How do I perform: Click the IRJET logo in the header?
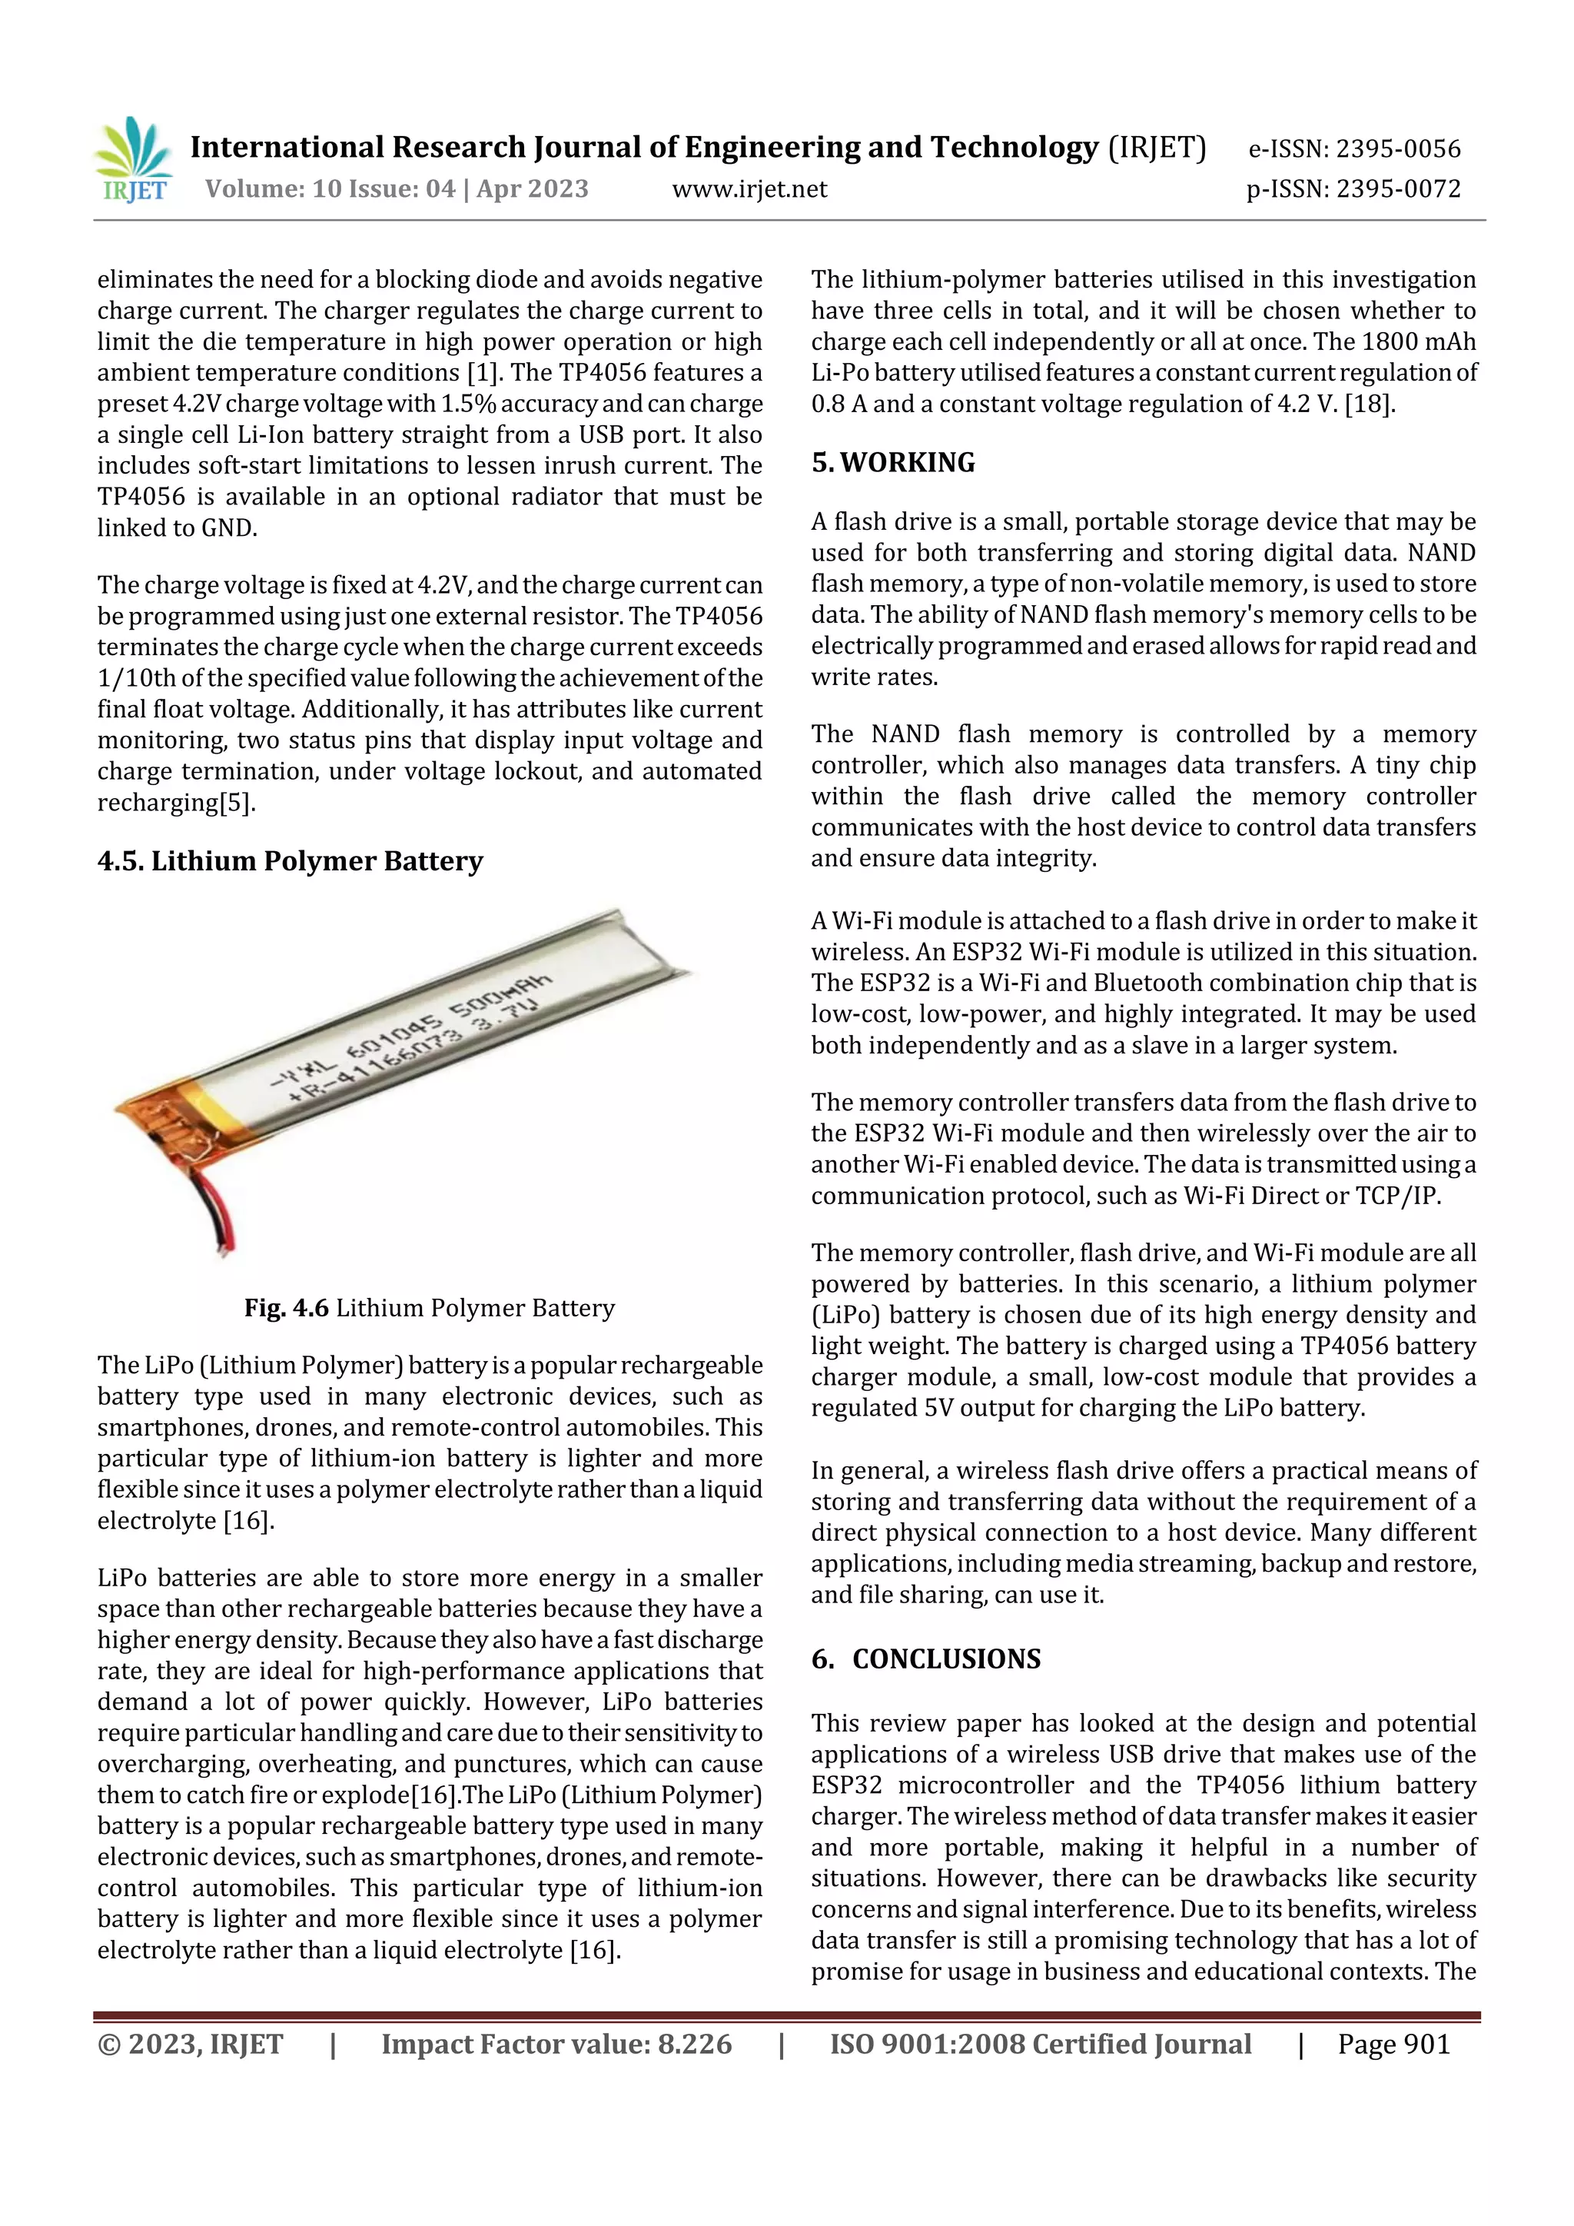[134, 161]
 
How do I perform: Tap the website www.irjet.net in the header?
[749, 189]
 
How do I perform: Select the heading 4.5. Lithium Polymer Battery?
[290, 861]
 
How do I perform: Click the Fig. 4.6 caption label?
[286, 1308]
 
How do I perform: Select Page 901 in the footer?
[1393, 2045]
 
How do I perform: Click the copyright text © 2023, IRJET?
[190, 2045]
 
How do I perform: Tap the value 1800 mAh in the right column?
[1418, 342]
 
